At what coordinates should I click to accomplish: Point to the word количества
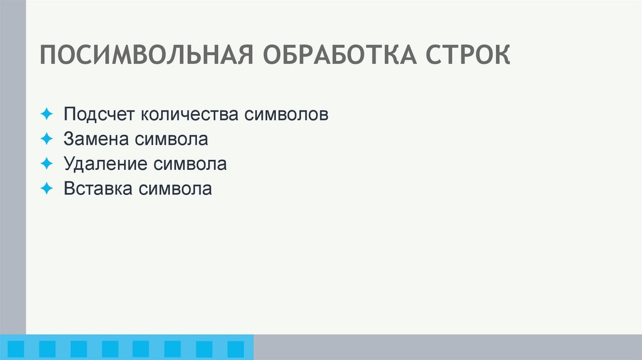pos(188,115)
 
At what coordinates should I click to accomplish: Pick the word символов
pos(285,115)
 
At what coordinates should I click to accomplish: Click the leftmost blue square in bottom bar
pos(15,349)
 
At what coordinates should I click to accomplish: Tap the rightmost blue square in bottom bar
pos(235,349)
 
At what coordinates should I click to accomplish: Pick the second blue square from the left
pos(47,349)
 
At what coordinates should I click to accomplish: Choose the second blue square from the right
pos(204,349)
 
